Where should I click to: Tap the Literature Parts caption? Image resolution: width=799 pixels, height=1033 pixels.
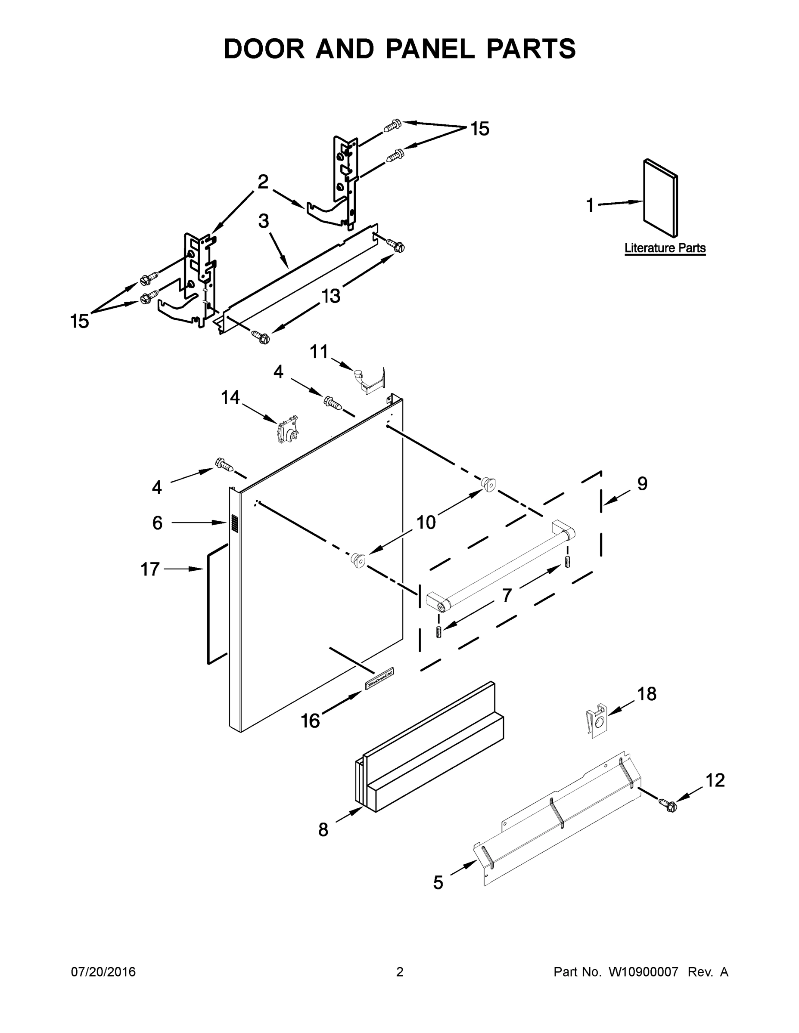(665, 248)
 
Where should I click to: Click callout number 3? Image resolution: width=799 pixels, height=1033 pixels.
(264, 221)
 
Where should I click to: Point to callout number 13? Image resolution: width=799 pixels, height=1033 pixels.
(331, 296)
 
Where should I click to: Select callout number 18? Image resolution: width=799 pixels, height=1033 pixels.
(647, 694)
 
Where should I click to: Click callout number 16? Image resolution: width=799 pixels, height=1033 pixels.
(311, 721)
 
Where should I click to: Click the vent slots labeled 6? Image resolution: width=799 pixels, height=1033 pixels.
(234, 523)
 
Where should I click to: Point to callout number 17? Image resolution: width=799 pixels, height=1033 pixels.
(150, 569)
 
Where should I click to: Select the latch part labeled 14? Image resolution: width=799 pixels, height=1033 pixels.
(287, 429)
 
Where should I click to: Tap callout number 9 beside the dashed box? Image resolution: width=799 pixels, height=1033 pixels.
(642, 483)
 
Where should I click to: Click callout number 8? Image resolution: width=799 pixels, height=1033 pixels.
(323, 829)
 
